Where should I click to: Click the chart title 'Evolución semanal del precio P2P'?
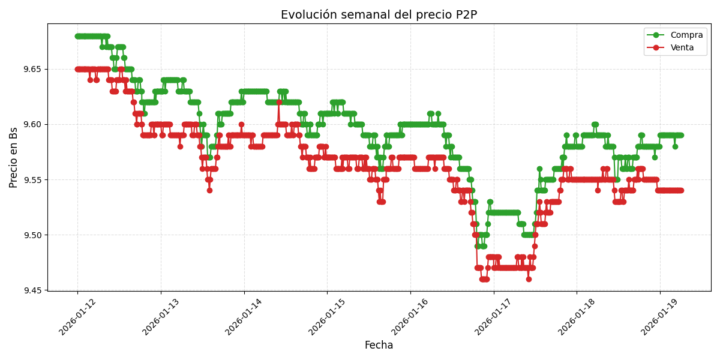[379, 15]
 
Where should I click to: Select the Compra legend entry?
[682, 35]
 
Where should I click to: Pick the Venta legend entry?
[682, 48]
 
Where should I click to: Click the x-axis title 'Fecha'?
[379, 346]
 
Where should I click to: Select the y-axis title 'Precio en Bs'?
[14, 157]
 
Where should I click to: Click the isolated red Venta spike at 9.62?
[279, 102]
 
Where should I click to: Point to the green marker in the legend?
[656, 35]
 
